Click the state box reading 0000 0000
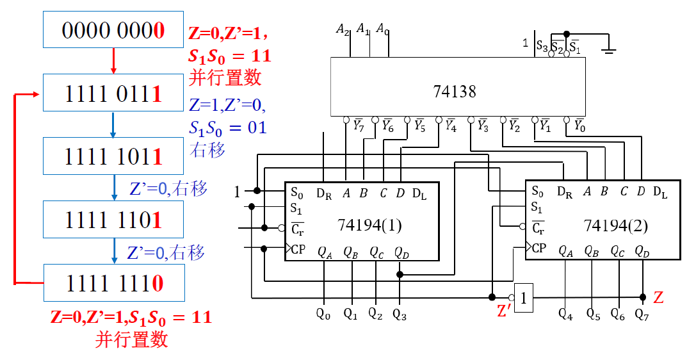click(113, 29)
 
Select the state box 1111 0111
click(113, 93)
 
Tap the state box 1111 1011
click(113, 156)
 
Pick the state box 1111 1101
click(113, 220)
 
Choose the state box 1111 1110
click(113, 282)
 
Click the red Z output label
click(658, 298)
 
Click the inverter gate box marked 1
click(523, 297)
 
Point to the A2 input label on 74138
click(343, 29)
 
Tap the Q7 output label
click(642, 314)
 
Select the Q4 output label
click(565, 314)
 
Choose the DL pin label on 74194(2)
click(660, 192)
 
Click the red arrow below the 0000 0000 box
click(113, 61)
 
